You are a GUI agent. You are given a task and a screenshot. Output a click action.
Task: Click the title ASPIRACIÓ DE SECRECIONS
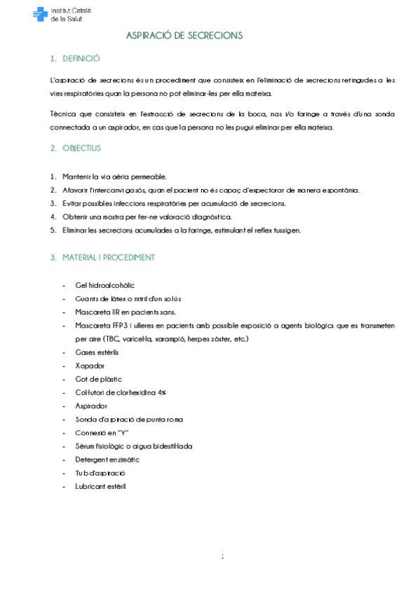click(x=183, y=35)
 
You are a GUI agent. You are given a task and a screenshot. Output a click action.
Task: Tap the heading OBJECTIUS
click(x=81, y=148)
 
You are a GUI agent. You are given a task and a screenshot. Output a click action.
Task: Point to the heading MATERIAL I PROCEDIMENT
click(x=108, y=257)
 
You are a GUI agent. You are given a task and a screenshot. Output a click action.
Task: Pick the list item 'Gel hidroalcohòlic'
click(x=104, y=285)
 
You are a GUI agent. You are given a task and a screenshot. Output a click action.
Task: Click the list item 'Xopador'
click(x=90, y=365)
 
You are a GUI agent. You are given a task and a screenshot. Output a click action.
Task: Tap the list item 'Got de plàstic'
click(x=98, y=379)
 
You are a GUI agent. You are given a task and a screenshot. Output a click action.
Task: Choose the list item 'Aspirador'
click(x=90, y=406)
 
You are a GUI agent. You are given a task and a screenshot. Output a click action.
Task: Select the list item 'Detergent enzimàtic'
click(x=107, y=459)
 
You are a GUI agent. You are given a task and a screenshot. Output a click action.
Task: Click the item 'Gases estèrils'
click(x=97, y=352)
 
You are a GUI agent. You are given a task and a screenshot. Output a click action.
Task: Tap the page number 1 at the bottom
click(x=222, y=557)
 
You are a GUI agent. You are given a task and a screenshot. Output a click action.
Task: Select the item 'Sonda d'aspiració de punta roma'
click(x=127, y=419)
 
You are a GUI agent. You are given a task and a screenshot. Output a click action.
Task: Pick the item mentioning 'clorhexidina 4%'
click(x=126, y=392)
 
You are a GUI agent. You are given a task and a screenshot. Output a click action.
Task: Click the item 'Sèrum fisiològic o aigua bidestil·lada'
click(x=133, y=445)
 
